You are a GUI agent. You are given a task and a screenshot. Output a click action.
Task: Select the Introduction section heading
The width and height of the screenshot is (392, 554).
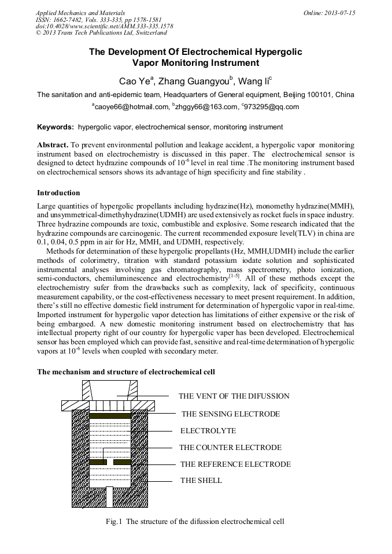[x=58, y=193]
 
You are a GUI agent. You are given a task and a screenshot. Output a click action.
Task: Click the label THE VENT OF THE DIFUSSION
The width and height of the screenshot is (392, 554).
[x=234, y=396]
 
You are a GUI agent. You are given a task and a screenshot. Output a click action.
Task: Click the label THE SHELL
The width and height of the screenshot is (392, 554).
[x=201, y=480]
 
